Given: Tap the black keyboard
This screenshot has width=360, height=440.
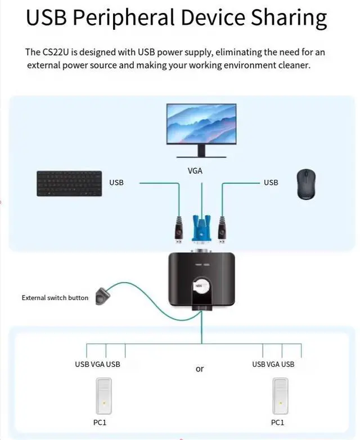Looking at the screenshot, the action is [x=69, y=184].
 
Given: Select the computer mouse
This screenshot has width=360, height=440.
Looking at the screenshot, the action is [x=307, y=185].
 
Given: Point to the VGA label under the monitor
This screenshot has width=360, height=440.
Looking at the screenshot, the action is [x=195, y=171].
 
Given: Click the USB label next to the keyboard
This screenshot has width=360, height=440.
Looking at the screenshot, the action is [x=116, y=183].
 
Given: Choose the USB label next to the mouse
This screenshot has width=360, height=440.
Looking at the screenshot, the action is [x=271, y=183].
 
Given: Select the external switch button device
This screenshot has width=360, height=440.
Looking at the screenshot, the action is [x=102, y=296].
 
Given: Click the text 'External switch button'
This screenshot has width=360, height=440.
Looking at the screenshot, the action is [x=55, y=298].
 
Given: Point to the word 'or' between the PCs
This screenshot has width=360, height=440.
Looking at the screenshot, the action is [x=200, y=369].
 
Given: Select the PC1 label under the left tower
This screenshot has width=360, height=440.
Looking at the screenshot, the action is [x=100, y=423].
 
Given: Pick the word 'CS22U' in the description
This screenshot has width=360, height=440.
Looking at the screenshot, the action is [x=56, y=52].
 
